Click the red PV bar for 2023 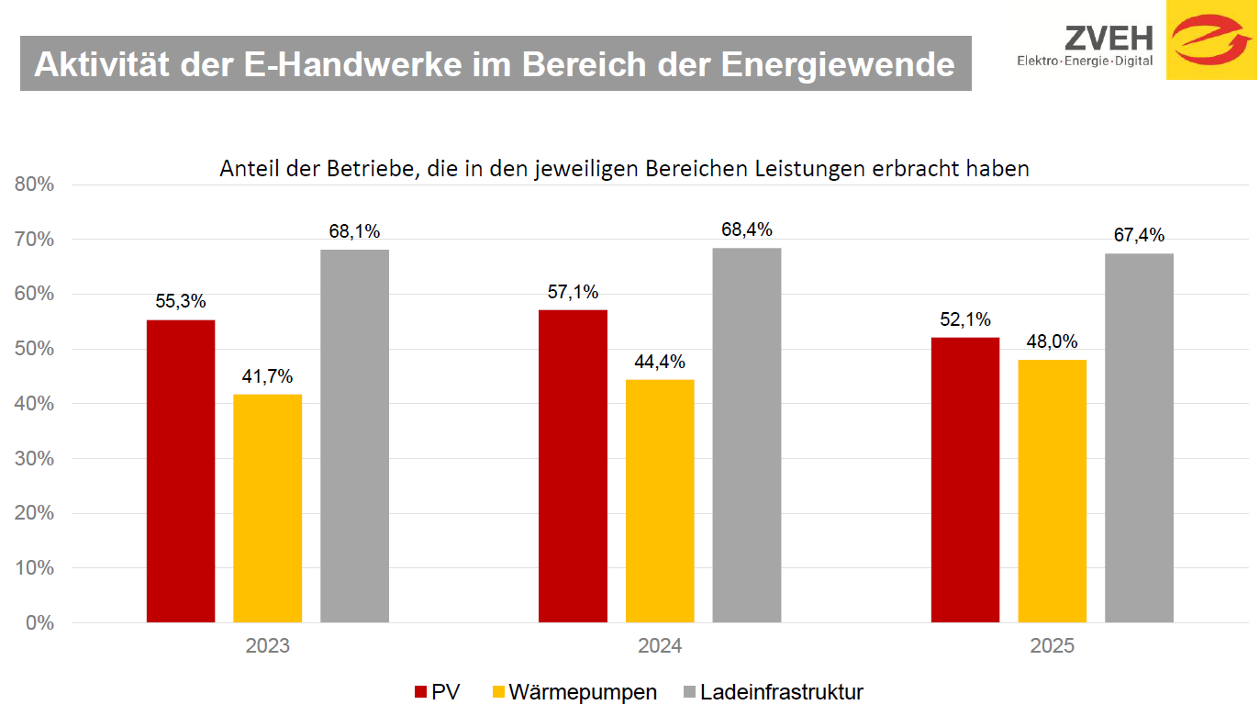[x=181, y=471]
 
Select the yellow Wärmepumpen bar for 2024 [x=660, y=500]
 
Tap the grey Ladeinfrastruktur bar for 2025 [x=1139, y=438]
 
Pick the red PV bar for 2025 [x=965, y=480]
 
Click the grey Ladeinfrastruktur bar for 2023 [x=354, y=436]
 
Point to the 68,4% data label [x=746, y=229]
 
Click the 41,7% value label [x=267, y=375]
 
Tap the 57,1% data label [x=573, y=292]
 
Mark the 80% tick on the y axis [x=35, y=185]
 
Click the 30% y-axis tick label [x=35, y=458]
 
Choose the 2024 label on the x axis [x=660, y=645]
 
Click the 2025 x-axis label [x=1052, y=645]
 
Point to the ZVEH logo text [x=1109, y=39]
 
